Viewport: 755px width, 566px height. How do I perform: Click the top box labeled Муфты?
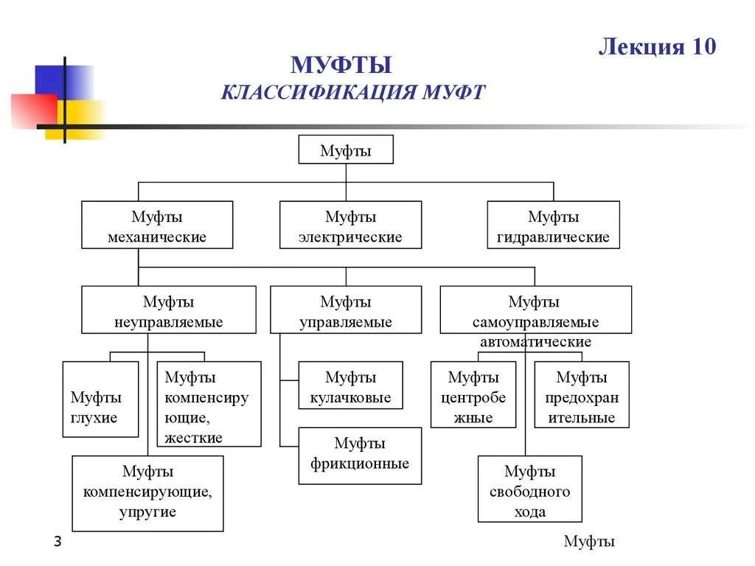(346, 150)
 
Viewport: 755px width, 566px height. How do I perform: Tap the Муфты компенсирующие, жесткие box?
(209, 404)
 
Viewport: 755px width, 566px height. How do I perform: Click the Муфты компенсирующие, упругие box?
(147, 493)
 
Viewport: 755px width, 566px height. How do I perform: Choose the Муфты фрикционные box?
(360, 455)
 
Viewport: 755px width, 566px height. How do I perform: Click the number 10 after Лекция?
(703, 46)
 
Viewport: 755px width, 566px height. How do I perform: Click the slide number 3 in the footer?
(58, 542)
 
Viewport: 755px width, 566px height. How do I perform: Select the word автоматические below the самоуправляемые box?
(535, 343)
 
